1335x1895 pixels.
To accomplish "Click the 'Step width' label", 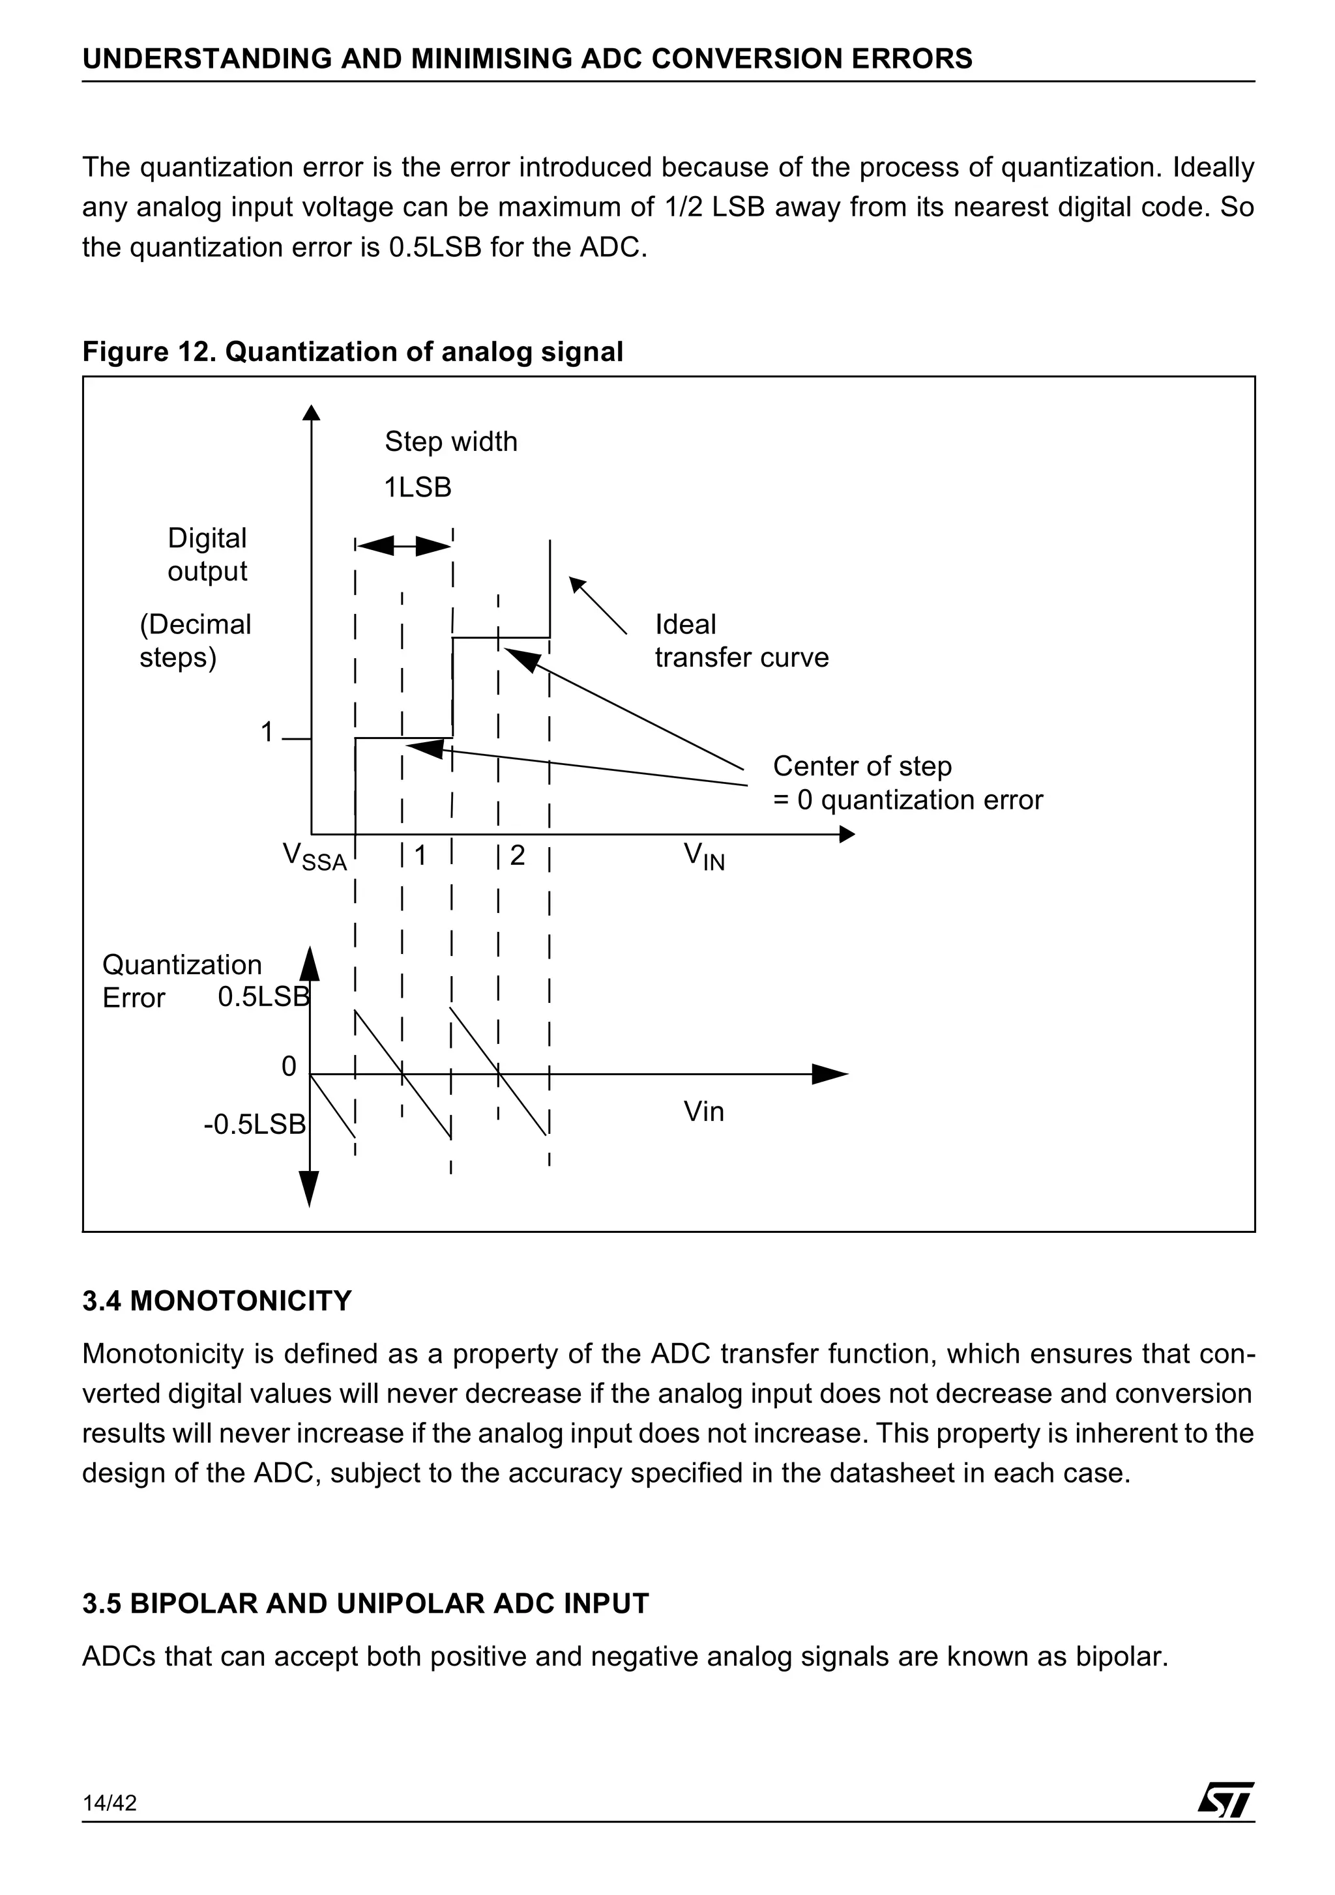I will (451, 442).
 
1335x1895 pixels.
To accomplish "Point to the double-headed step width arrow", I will (403, 545).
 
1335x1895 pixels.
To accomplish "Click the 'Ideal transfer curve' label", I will (741, 641).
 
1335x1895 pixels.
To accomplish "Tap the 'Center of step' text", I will (862, 766).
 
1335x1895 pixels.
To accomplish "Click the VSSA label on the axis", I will (315, 857).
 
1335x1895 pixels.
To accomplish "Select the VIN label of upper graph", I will (703, 857).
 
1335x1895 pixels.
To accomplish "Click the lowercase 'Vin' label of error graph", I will (703, 1112).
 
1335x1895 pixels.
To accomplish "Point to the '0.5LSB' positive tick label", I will (263, 997).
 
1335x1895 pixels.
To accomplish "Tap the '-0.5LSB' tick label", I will (254, 1124).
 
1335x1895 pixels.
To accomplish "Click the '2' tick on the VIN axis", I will (517, 855).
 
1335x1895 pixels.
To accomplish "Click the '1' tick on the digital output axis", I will (267, 732).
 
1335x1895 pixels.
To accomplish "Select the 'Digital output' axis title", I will (207, 555).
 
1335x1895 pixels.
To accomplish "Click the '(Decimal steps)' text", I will (195, 641).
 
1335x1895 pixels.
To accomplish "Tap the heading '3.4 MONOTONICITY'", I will (217, 1301).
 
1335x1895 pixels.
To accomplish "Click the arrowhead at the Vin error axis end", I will (830, 1074).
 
